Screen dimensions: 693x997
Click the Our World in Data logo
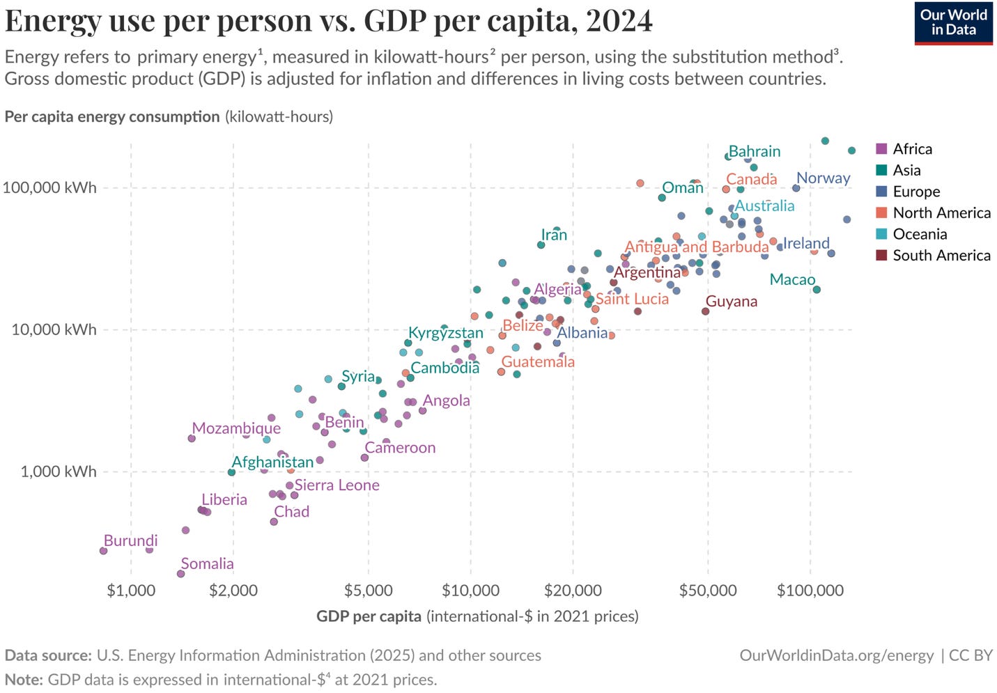click(x=953, y=23)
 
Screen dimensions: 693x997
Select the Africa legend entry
click(x=911, y=149)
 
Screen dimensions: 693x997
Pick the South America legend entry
click(x=941, y=256)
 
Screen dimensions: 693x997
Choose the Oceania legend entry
click(x=919, y=234)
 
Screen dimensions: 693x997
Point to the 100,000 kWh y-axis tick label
click(x=49, y=187)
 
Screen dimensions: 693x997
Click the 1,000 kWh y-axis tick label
click(x=58, y=472)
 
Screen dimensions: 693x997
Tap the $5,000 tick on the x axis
click(x=368, y=591)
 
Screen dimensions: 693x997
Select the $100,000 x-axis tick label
click(x=810, y=591)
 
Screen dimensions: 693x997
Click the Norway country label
click(x=823, y=178)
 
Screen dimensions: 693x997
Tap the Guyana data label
click(x=731, y=302)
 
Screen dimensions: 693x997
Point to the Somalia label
click(x=207, y=563)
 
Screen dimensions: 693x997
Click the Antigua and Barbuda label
click(x=696, y=247)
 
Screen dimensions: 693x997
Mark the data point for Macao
click(x=817, y=290)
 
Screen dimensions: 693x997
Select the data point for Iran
click(x=541, y=245)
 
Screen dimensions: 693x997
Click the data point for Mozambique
click(x=192, y=438)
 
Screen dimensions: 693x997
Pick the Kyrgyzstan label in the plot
click(x=445, y=333)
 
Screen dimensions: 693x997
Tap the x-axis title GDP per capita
click(x=369, y=616)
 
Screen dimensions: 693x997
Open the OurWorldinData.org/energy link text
click(x=836, y=655)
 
